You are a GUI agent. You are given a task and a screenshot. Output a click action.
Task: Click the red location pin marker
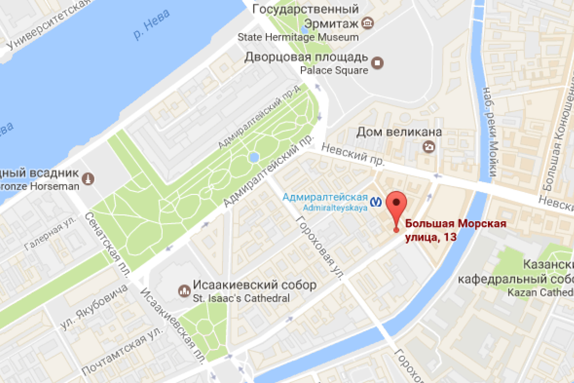(x=396, y=204)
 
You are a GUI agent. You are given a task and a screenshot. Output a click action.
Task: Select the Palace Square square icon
(x=378, y=62)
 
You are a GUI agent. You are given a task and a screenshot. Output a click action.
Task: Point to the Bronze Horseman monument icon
(x=88, y=179)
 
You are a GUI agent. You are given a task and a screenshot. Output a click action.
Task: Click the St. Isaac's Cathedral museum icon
(x=183, y=290)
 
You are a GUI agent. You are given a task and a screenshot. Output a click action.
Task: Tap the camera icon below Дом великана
(x=430, y=147)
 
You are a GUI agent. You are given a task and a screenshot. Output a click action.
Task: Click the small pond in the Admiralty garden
(x=254, y=157)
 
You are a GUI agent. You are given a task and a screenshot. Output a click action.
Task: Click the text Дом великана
(x=399, y=132)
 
